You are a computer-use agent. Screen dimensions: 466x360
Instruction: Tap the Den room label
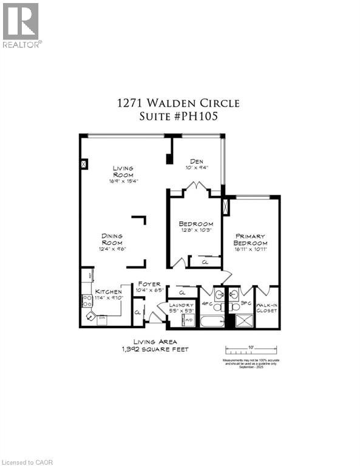[194, 162]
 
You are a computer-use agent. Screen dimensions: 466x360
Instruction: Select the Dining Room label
[112, 239]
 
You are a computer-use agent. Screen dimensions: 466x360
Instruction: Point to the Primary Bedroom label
[250, 239]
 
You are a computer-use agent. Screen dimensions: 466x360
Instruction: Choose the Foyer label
[149, 284]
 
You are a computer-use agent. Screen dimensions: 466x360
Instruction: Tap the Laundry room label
[182, 305]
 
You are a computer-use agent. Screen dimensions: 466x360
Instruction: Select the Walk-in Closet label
[267, 308]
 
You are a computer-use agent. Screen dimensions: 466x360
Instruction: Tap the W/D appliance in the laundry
[189, 320]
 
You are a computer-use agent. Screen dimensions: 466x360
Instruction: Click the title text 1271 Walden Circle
[178, 103]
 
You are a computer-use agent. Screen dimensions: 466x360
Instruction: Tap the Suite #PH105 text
[178, 116]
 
